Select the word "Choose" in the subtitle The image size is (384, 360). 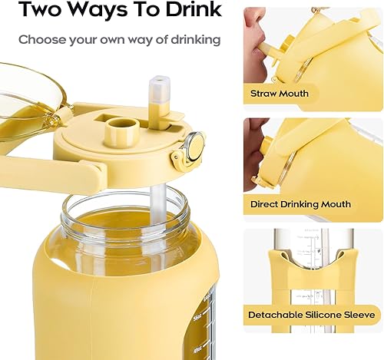tap(41, 39)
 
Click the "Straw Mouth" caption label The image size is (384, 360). tap(280, 94)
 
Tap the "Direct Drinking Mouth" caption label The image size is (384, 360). tap(300, 204)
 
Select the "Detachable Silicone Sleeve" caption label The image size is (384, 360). tap(311, 315)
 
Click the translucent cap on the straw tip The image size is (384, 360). tap(160, 91)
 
